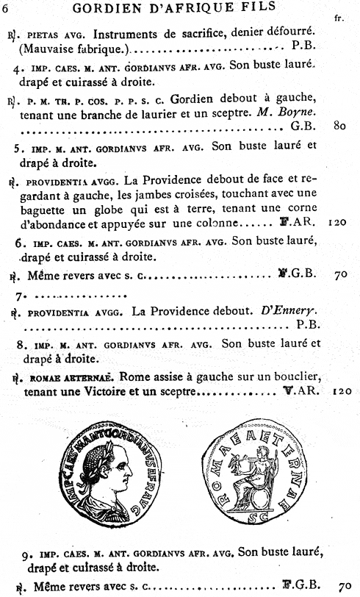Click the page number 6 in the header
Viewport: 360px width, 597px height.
6,7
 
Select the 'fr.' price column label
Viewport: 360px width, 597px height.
339,18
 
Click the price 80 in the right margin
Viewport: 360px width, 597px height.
339,126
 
